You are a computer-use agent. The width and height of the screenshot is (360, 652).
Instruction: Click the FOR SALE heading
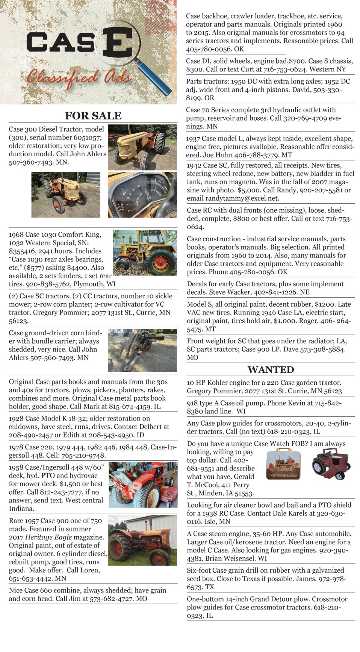coord(93,115)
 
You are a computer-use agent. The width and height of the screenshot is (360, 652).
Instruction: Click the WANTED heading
coord(271,369)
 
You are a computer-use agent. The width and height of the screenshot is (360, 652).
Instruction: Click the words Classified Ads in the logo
coord(79,77)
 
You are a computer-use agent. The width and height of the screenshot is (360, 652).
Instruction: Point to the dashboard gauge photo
coord(142,195)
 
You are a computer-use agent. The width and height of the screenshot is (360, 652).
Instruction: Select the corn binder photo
coord(142,350)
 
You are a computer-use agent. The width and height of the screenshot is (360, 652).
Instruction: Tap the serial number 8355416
coord(24,251)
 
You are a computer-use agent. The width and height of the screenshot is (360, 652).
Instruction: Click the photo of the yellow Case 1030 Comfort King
coord(145,253)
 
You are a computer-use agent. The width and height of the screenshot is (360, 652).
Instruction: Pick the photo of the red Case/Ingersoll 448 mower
coord(143,485)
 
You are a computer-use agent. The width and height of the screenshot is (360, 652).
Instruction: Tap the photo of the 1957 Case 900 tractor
coord(142,540)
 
